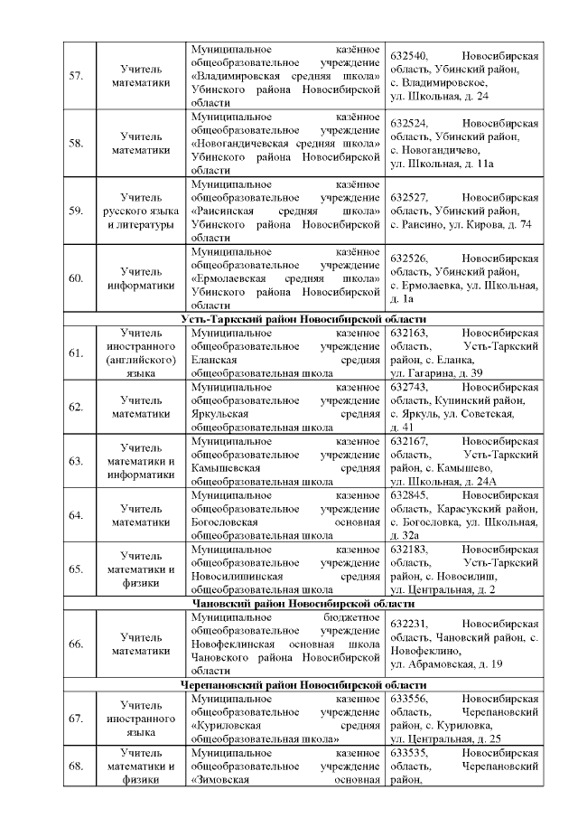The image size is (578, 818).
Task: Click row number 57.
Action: point(76,76)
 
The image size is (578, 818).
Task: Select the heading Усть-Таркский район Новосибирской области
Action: point(303,319)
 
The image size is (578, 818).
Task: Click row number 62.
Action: point(76,407)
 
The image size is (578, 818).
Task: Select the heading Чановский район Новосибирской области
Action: point(303,603)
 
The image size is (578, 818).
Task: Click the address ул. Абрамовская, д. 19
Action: point(446,664)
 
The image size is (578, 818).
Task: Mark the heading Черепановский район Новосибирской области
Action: point(303,684)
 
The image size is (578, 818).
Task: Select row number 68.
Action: point(76,766)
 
